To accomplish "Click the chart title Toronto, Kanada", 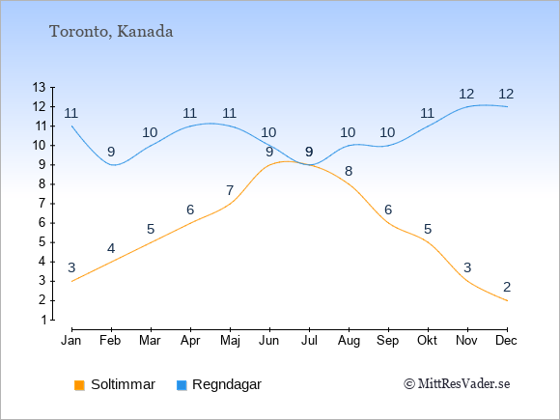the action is pyautogui.click(x=111, y=32).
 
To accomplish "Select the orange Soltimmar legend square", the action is pyautogui.click(x=79, y=385).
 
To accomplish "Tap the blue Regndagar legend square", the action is pyautogui.click(x=182, y=385).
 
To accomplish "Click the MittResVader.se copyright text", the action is pyautogui.click(x=457, y=384).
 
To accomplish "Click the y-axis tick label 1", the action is pyautogui.click(x=43, y=320).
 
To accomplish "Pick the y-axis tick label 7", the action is pyautogui.click(x=42, y=204).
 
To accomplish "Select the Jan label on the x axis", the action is pyautogui.click(x=71, y=341).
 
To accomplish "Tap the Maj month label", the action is pyautogui.click(x=230, y=341).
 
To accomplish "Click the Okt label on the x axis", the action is pyautogui.click(x=427, y=341).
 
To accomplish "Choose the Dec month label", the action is pyautogui.click(x=507, y=341).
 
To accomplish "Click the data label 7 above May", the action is pyautogui.click(x=230, y=190).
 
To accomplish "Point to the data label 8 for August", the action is pyautogui.click(x=349, y=171).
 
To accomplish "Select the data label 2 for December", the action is pyautogui.click(x=507, y=287).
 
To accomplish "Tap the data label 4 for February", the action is pyautogui.click(x=111, y=248).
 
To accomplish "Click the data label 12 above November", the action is pyautogui.click(x=466, y=94).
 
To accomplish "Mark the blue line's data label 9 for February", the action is pyautogui.click(x=111, y=152).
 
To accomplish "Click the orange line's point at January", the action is pyautogui.click(x=72, y=281).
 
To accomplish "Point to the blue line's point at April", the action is pyautogui.click(x=191, y=126).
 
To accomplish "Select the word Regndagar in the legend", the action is pyautogui.click(x=227, y=384).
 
